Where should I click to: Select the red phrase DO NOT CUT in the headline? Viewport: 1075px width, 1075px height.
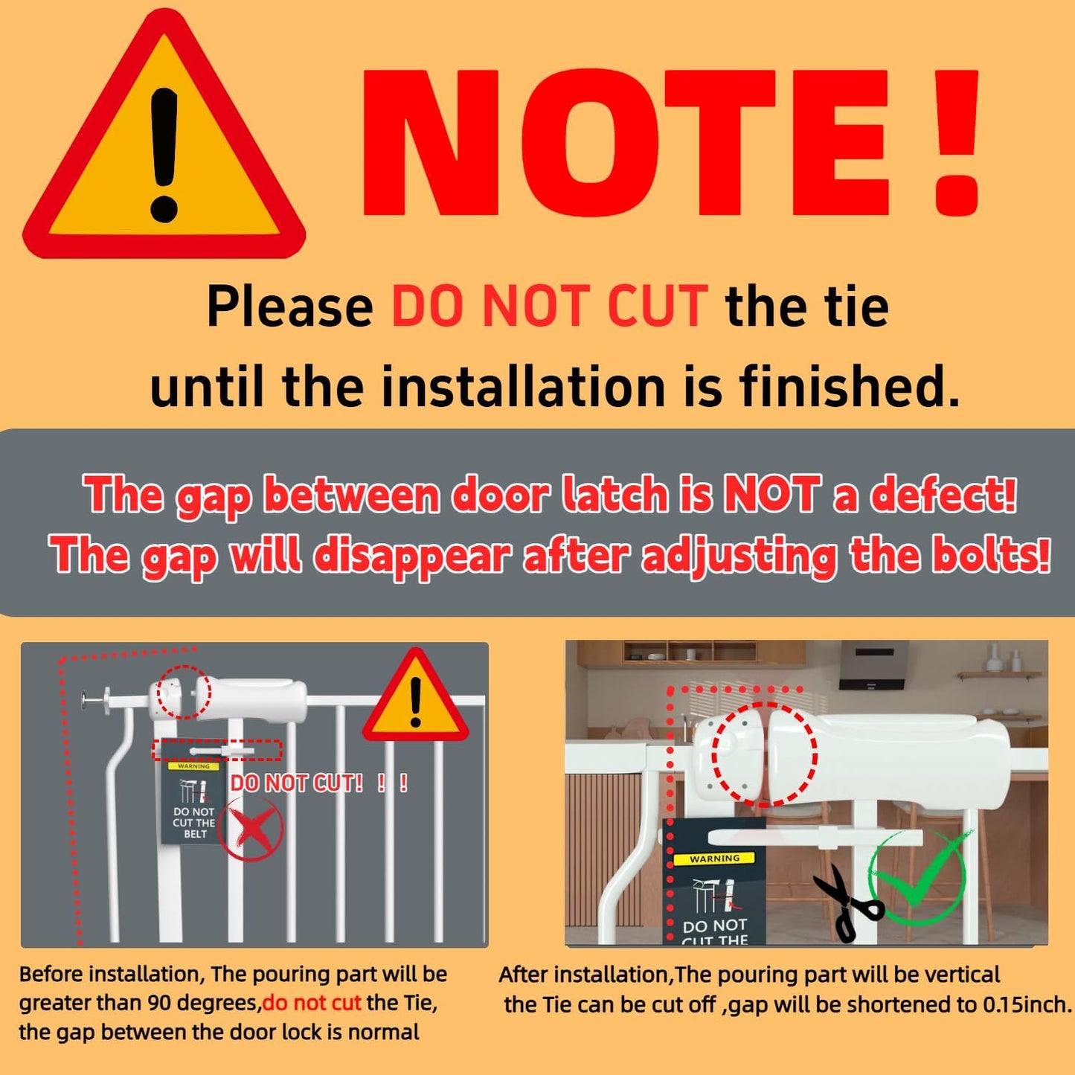(550, 307)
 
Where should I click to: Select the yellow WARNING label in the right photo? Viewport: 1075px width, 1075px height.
(714, 859)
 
